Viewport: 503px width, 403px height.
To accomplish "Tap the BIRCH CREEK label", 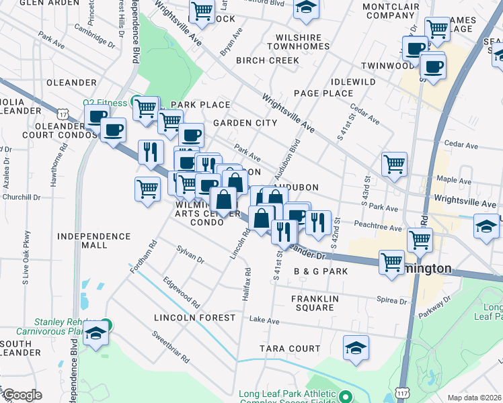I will coord(267,60).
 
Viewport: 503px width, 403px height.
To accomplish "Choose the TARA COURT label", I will coord(291,349).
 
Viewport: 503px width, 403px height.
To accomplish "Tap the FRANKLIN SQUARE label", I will coord(314,303).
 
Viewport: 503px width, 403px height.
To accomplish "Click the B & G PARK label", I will coord(320,271).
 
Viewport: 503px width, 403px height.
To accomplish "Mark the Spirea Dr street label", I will coord(393,302).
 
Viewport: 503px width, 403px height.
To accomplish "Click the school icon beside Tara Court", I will coord(356,348).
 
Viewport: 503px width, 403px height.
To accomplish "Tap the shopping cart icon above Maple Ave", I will coord(394,163).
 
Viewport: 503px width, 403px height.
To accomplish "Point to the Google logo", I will coord(22,395).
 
